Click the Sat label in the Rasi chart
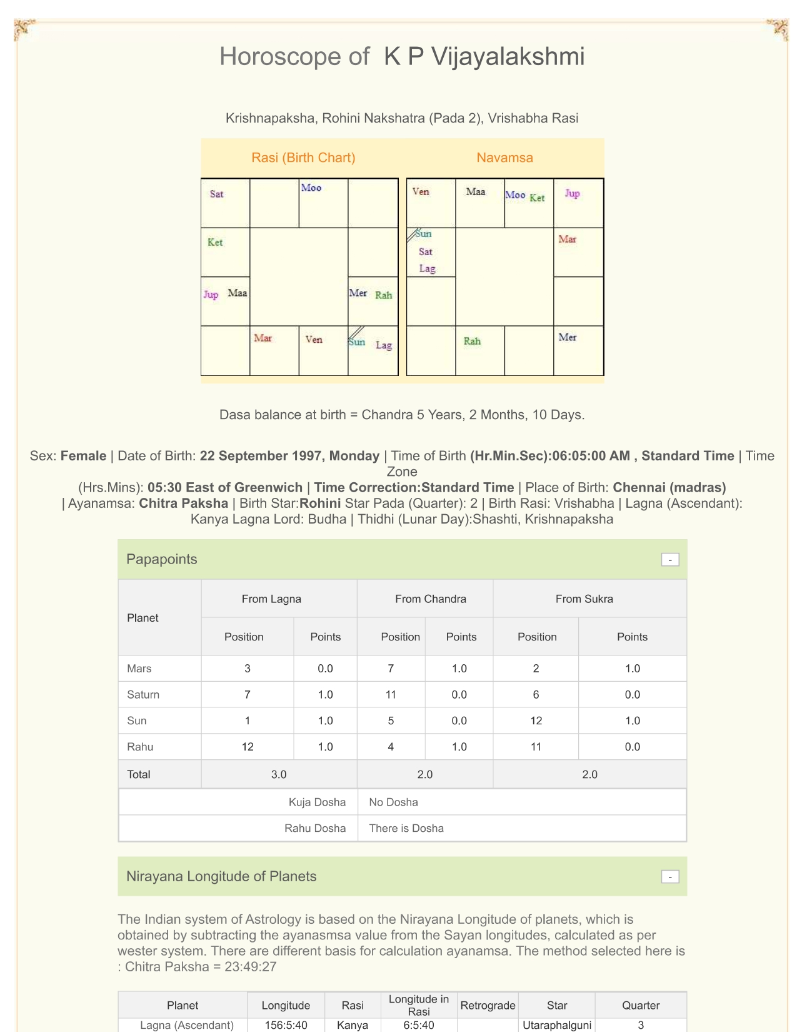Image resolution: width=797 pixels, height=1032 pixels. pos(216,194)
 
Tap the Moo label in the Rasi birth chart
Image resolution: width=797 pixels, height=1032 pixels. pos(311,188)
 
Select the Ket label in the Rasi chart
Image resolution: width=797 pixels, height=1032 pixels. pos(215,242)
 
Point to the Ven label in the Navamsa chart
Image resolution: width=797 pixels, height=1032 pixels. pos(421,191)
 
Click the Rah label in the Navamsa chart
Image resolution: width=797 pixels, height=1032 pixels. pos(472,341)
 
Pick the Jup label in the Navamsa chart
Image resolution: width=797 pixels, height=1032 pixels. pos(572,193)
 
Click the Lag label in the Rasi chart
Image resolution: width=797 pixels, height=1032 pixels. pos(384,345)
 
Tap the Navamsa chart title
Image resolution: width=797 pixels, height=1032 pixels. pos(504,158)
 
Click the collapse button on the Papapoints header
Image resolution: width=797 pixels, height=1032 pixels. pos(670,560)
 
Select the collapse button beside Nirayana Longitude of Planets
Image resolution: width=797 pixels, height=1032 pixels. pos(670,877)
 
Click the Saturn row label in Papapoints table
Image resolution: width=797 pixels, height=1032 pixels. pos(143,694)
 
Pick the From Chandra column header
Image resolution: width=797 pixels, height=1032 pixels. pos(431,599)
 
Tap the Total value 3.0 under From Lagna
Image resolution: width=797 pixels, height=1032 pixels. pos(279,774)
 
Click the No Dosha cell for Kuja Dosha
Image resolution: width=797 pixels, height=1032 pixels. pos(393,802)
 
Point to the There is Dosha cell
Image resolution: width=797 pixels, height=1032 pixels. pos(406,828)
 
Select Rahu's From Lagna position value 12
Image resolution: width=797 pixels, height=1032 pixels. pos(248,747)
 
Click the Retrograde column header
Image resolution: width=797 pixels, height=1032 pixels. pos(488,1005)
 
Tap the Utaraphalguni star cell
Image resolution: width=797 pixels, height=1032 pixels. pos(557,1025)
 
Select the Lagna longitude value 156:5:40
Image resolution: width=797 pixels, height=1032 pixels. pos(286,1025)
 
